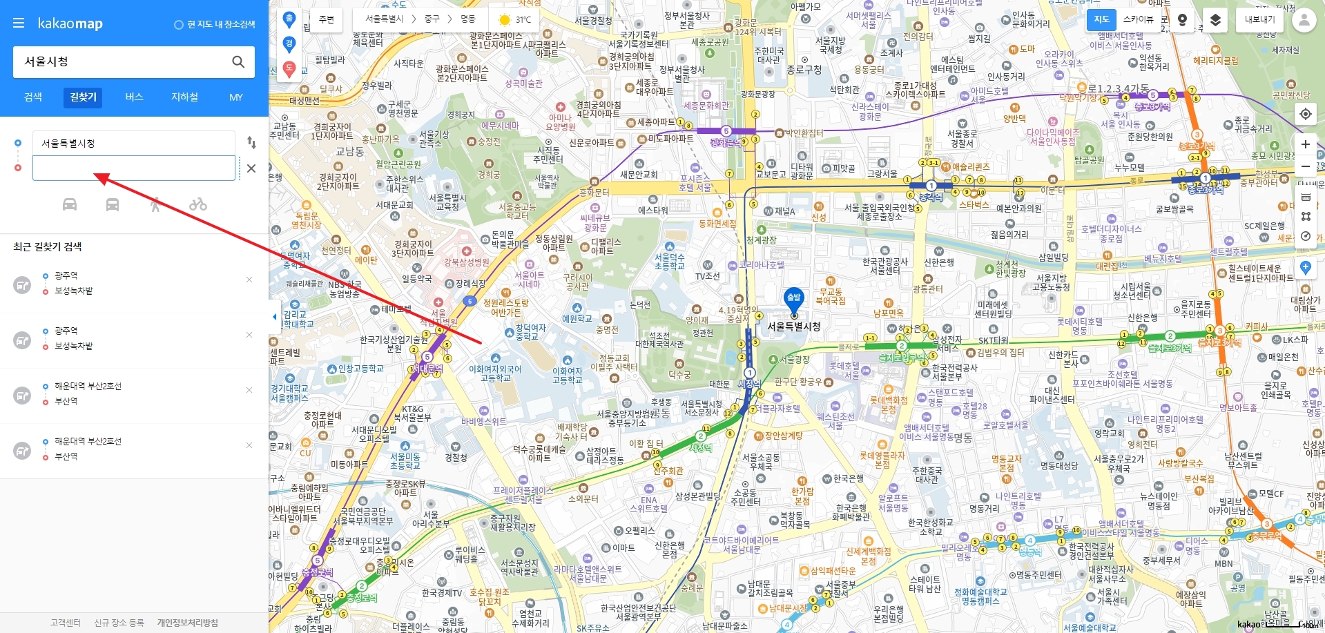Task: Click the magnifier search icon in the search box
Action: (x=238, y=62)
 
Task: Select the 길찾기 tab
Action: (x=84, y=97)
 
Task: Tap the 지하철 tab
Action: (x=184, y=97)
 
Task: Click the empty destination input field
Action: (x=134, y=168)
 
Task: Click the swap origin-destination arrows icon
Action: (x=251, y=142)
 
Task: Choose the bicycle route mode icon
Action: (x=198, y=204)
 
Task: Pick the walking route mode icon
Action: (x=155, y=204)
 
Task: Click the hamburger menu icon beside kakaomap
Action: (x=19, y=23)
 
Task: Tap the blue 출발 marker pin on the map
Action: (x=794, y=299)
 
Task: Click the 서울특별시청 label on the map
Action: (x=794, y=327)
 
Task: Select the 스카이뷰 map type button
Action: (x=1138, y=19)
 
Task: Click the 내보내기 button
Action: (x=1259, y=19)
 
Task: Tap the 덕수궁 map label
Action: (x=679, y=375)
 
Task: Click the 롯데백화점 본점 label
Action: (x=889, y=405)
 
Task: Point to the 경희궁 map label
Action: (x=489, y=175)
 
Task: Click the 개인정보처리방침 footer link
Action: (x=187, y=623)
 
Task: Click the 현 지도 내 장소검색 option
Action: (x=215, y=24)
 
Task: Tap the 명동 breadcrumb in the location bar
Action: (x=468, y=19)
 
